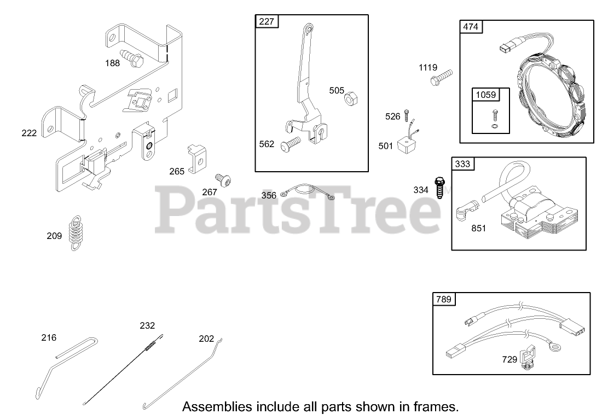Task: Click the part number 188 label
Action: point(112,63)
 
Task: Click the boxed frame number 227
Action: point(267,22)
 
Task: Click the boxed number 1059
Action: point(486,95)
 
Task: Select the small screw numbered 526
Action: point(406,115)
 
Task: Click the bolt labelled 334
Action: point(438,188)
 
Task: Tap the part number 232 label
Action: point(147,325)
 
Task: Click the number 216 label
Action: point(49,338)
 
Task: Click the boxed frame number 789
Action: point(444,299)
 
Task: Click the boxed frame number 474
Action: point(471,27)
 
